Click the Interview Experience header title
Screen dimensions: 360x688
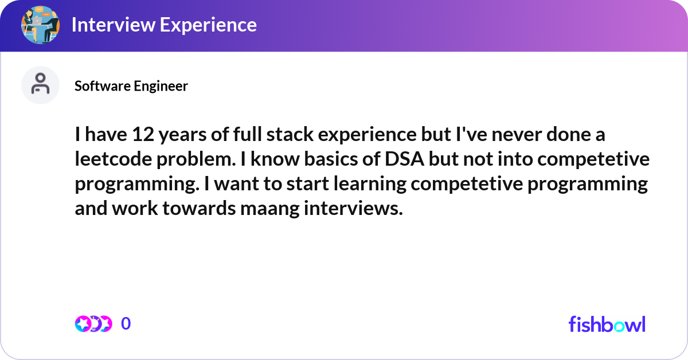point(163,25)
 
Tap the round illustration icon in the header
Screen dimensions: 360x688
point(40,25)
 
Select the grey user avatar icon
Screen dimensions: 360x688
point(40,85)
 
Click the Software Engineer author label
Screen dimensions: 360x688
point(131,86)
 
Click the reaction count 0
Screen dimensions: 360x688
point(126,324)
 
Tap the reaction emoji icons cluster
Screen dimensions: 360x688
point(93,324)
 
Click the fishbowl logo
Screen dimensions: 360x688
point(607,324)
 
